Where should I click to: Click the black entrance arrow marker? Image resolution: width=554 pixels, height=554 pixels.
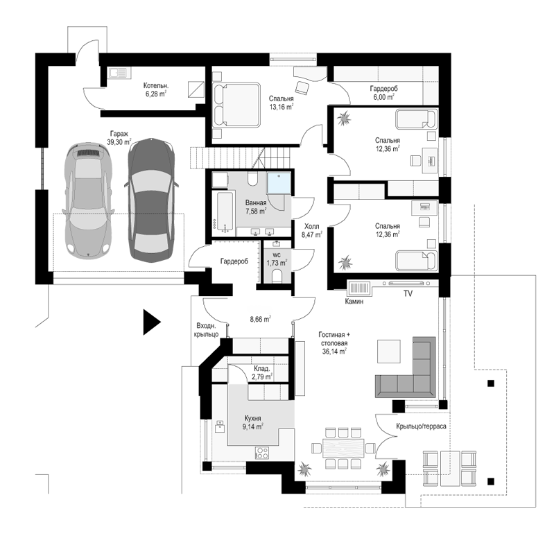pos(151,322)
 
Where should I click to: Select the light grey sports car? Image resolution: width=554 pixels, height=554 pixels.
pos(88,200)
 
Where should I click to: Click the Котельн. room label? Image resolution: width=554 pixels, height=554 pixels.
pos(156,85)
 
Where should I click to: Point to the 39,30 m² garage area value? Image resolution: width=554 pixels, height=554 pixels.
pos(119,142)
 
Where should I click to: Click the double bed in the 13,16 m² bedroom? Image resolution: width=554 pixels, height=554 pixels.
pos(236,105)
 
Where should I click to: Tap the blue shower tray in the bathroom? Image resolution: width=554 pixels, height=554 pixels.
pos(279,182)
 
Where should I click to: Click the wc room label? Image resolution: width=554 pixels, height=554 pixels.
pos(277,254)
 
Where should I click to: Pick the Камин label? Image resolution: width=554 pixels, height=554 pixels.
pos(354,302)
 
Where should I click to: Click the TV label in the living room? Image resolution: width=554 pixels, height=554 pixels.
pos(408,293)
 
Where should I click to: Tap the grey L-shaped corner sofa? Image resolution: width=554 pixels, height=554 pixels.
pos(406,367)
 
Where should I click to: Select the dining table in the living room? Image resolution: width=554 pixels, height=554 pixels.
pos(343,448)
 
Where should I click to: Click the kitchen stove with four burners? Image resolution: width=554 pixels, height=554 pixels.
pos(262,453)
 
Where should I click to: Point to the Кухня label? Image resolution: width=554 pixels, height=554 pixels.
pos(252,419)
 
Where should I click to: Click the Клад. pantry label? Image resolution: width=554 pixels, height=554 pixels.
pos(262,369)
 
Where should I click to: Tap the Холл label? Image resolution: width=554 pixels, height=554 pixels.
pos(311,226)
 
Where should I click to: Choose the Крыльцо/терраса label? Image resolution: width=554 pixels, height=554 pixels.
pos(421,426)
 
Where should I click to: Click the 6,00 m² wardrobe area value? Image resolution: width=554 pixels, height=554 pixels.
pos(383,97)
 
